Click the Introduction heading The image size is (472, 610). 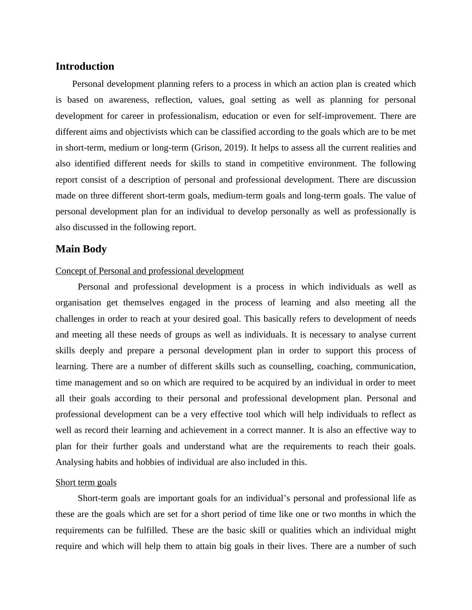84,67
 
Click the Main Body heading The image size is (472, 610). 81,249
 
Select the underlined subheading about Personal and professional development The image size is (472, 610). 150,271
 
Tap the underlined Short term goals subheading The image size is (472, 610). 86,482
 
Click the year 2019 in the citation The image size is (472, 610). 234,148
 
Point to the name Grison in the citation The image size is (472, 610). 207,148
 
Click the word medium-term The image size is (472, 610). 238,196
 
